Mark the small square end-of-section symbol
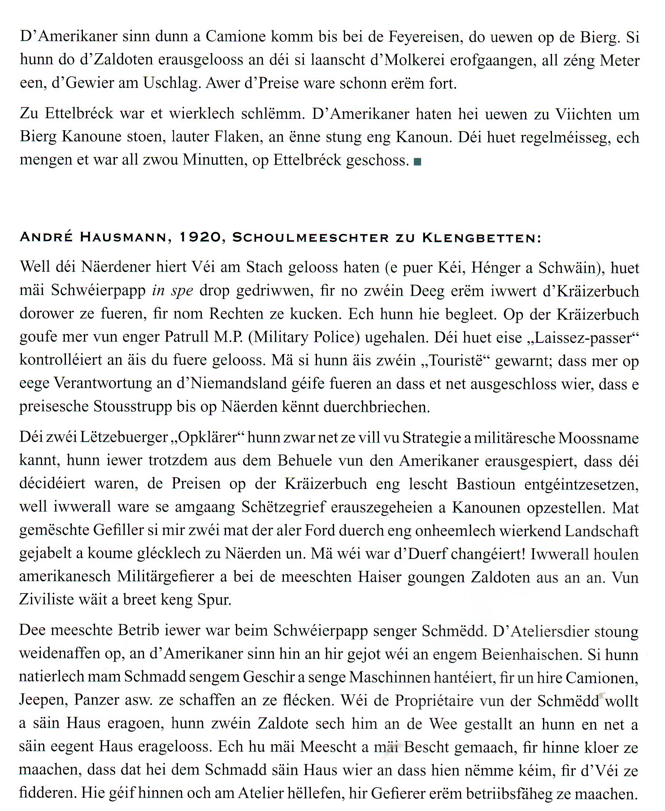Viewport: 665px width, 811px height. (418, 162)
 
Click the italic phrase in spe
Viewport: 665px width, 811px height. (172, 291)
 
